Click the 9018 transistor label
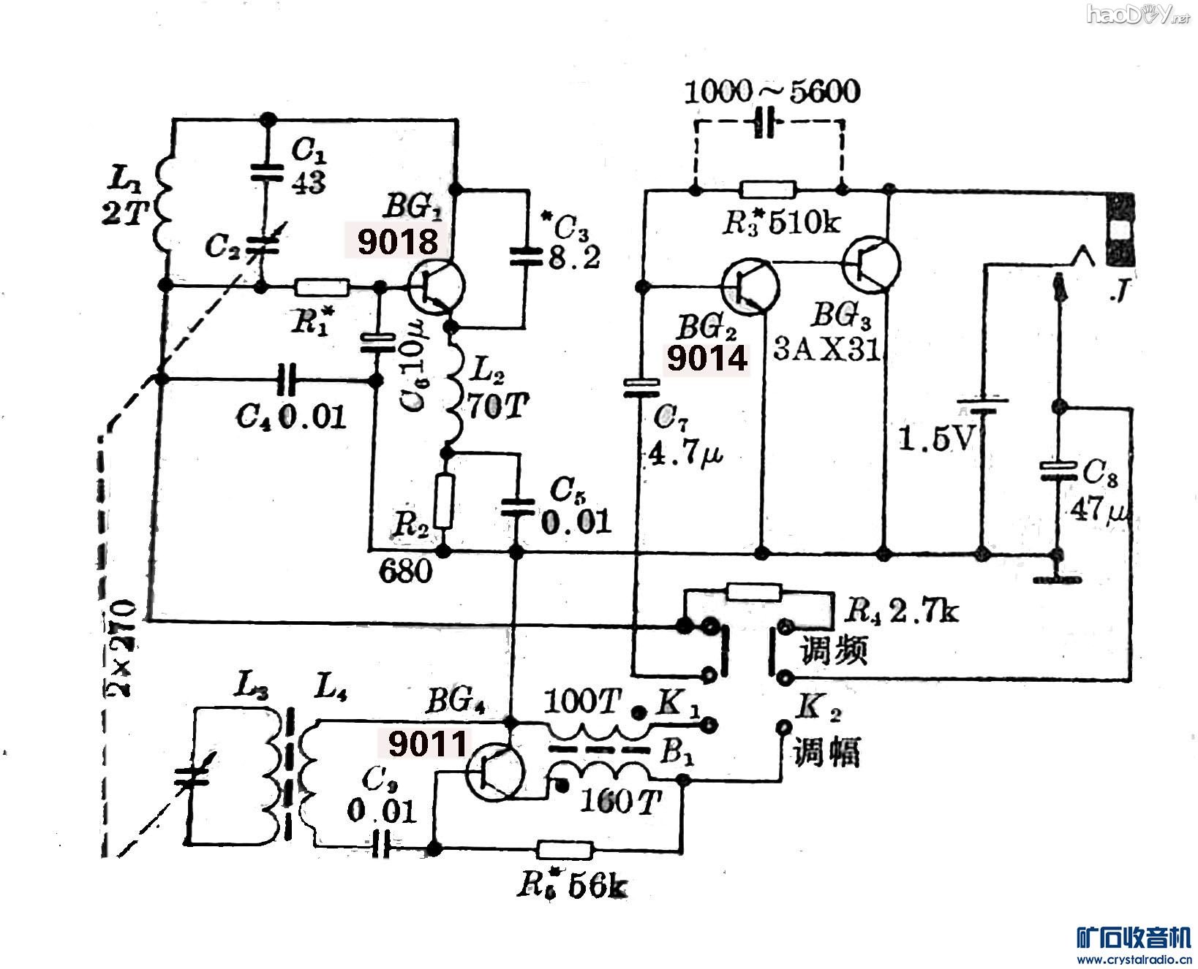(x=398, y=242)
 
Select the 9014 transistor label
(x=707, y=358)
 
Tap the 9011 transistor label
(x=427, y=745)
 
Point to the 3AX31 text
(x=826, y=351)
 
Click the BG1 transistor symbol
(x=436, y=287)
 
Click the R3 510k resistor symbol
(x=767, y=191)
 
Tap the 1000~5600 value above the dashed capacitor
(x=772, y=92)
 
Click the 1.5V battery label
(x=935, y=438)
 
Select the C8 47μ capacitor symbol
(x=1057, y=470)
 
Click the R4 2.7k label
(x=900, y=610)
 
